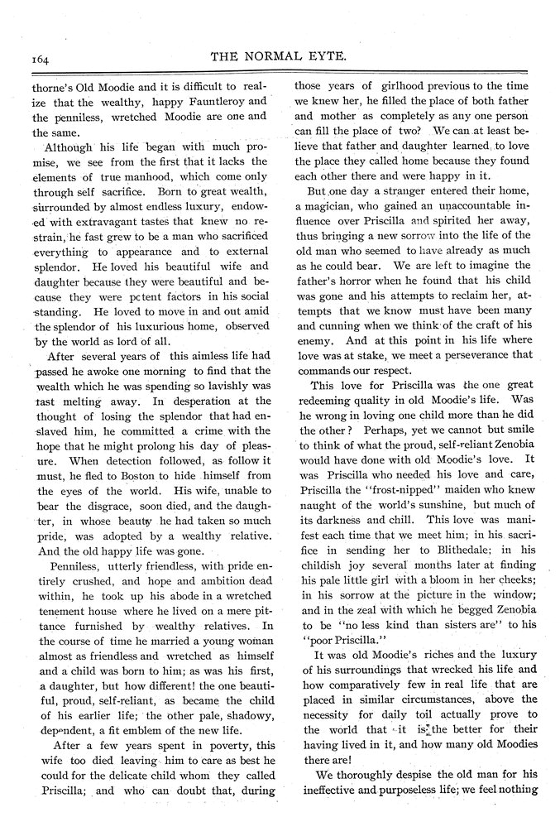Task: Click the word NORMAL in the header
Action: [x=294, y=57]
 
